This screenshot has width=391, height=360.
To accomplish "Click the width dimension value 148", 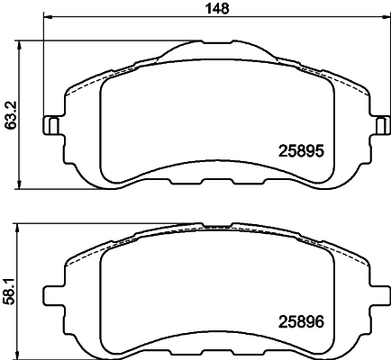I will (214, 8).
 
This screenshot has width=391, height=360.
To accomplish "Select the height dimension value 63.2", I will (9, 115).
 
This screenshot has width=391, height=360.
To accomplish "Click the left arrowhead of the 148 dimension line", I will (47, 19).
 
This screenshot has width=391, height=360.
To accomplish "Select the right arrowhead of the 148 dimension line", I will (378, 19).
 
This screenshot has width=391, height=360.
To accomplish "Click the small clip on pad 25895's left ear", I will (52, 125).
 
